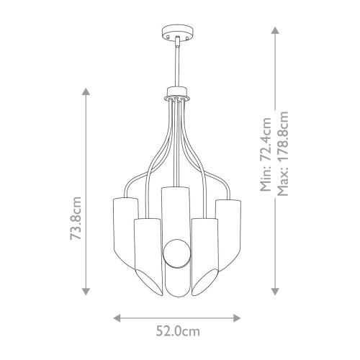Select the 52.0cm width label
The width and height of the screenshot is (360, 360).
click(x=179, y=331)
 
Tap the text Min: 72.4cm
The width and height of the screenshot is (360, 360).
click(x=266, y=158)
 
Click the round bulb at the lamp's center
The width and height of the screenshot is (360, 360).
click(x=175, y=253)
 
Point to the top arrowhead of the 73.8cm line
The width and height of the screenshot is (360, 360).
click(x=86, y=91)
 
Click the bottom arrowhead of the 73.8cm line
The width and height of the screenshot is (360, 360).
click(x=86, y=292)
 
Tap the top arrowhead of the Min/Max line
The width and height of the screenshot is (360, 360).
click(x=274, y=30)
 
